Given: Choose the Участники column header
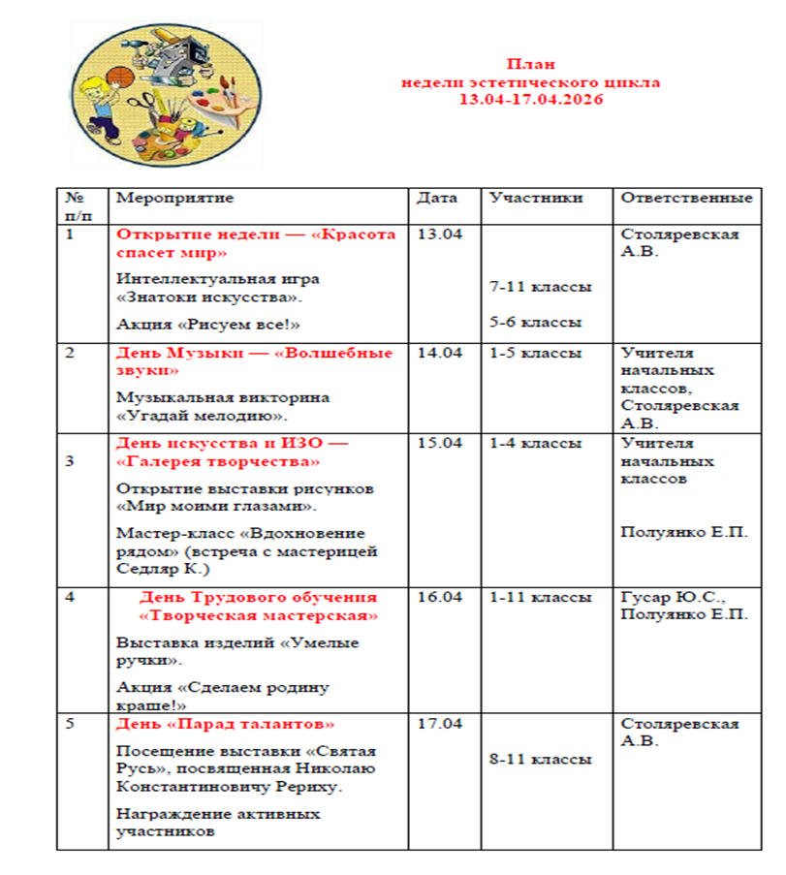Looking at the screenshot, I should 536,199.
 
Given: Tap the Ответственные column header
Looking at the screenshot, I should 686,199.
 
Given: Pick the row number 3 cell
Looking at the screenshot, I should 70,460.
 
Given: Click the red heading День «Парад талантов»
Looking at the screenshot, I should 226,725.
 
